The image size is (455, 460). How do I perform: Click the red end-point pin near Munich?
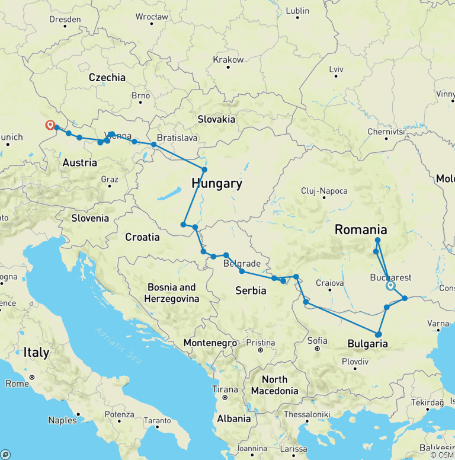50,125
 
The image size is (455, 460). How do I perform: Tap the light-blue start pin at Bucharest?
390,286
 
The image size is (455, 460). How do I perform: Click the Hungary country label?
217,184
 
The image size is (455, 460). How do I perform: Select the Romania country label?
361,230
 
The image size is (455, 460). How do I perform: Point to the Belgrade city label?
242,263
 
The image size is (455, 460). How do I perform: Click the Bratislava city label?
177,137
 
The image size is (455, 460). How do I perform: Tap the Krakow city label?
228,60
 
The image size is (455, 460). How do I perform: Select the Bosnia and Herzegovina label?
171,293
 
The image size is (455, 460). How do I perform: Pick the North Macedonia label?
274,385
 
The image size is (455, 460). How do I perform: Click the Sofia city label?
318,340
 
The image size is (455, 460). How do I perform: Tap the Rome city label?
17,384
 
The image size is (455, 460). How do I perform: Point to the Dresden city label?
65,19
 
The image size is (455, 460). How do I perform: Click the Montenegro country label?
210,343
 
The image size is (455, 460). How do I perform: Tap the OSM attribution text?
442,455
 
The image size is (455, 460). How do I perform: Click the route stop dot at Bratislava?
154,145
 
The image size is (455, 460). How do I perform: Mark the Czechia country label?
107,77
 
